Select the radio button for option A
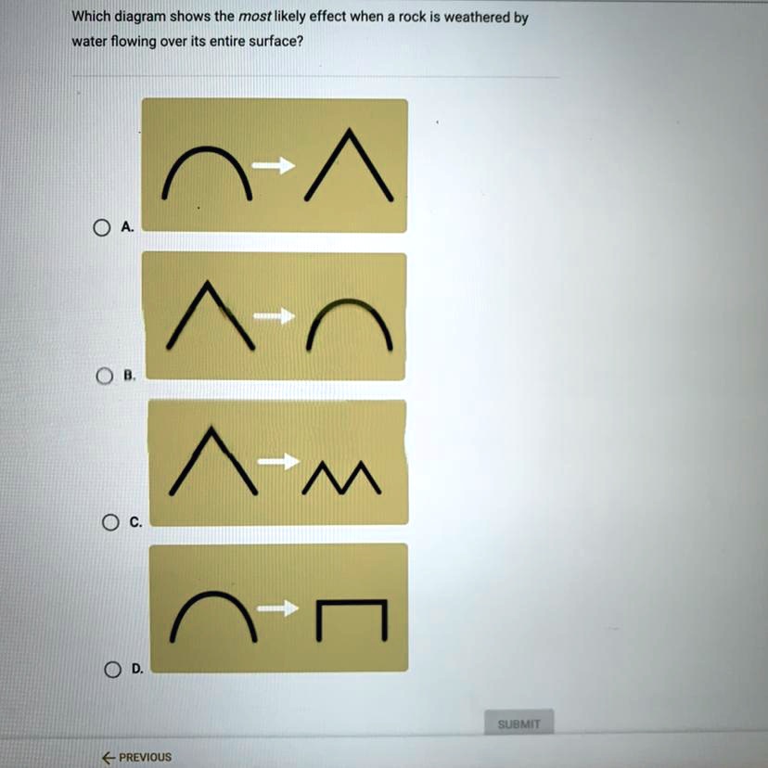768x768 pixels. point(98,226)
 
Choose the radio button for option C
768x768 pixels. point(110,522)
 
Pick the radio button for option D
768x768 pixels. point(112,668)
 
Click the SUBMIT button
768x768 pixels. point(519,723)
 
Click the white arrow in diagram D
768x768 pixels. point(278,608)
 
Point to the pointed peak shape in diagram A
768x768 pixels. point(350,166)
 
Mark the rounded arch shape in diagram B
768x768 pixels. point(349,325)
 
